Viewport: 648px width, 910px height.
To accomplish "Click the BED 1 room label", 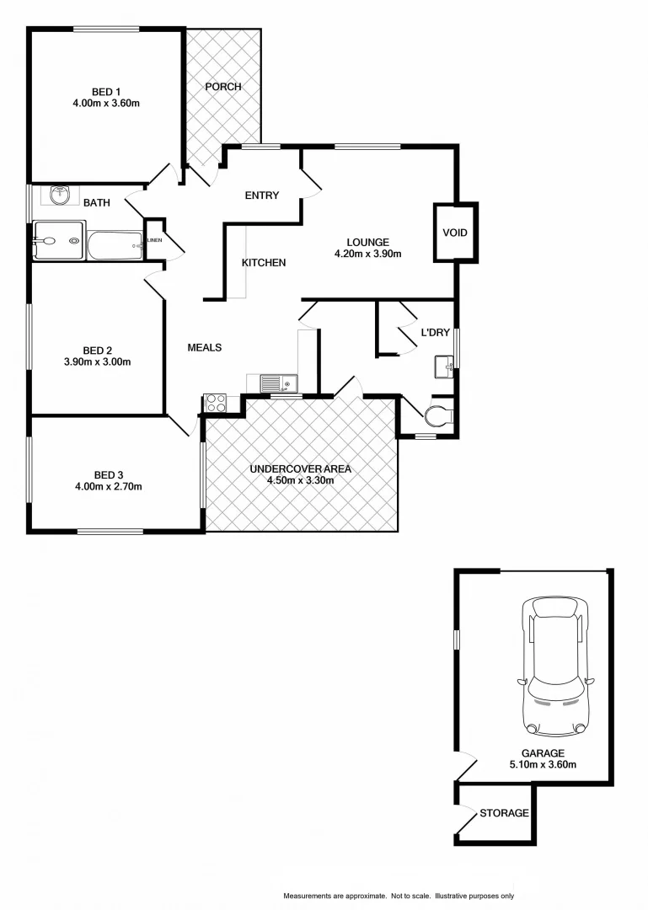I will tap(106, 92).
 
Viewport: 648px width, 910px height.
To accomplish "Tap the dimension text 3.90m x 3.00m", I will tap(98, 362).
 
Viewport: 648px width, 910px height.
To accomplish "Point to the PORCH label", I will tap(223, 87).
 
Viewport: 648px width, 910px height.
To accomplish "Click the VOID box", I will tap(455, 233).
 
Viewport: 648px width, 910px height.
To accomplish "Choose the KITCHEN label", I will tap(264, 263).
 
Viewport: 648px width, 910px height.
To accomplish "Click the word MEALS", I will tap(204, 347).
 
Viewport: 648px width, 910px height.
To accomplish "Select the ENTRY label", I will tap(261, 195).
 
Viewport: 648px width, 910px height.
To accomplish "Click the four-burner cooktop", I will tap(216, 403).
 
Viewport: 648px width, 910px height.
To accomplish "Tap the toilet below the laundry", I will tap(441, 415).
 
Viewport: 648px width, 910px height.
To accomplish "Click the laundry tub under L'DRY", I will tap(444, 367).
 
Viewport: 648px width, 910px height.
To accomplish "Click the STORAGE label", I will tap(504, 813).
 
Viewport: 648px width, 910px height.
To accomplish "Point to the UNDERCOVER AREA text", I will tap(301, 469).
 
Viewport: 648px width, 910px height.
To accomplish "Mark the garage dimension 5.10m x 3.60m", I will tap(543, 765).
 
